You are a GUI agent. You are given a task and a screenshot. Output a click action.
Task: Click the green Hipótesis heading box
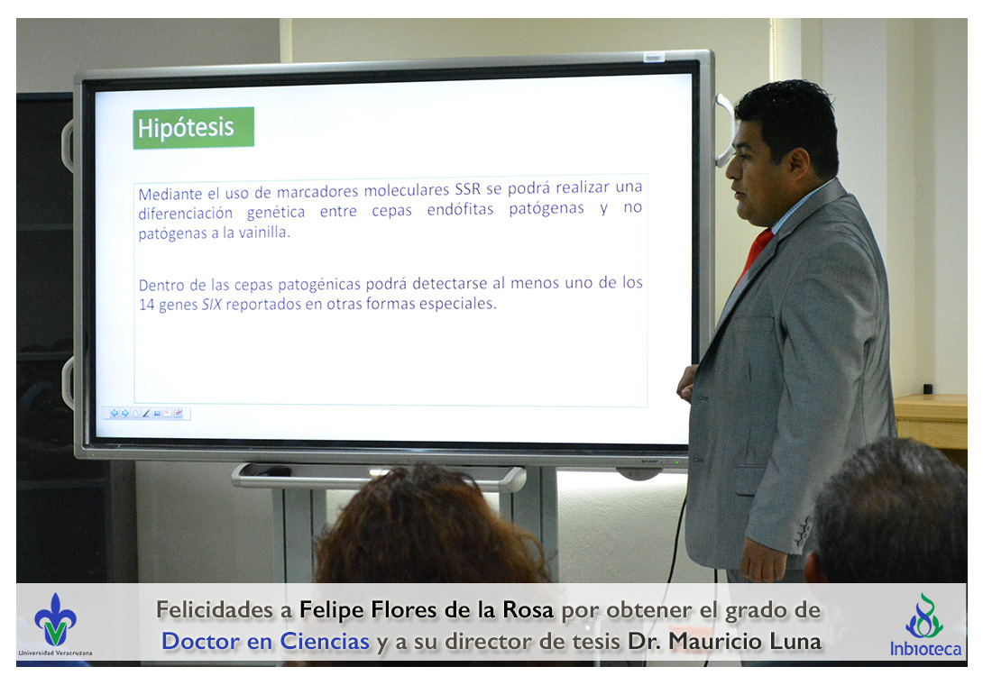(x=193, y=128)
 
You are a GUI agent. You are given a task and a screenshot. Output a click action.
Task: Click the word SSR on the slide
(x=467, y=188)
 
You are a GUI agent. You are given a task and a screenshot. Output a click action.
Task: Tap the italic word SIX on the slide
(x=211, y=305)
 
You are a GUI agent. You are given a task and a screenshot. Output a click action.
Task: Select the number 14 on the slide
(x=146, y=306)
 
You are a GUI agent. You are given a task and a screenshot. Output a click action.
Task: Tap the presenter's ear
(x=799, y=165)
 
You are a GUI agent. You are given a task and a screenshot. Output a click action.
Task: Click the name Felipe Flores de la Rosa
(x=427, y=609)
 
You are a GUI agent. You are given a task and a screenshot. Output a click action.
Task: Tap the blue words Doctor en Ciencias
(x=265, y=641)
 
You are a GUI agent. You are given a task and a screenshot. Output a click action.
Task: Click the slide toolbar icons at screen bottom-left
(x=147, y=414)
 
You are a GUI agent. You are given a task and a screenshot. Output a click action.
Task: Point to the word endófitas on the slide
(x=460, y=209)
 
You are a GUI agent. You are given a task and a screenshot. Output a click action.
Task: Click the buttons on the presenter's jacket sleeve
(x=803, y=533)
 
